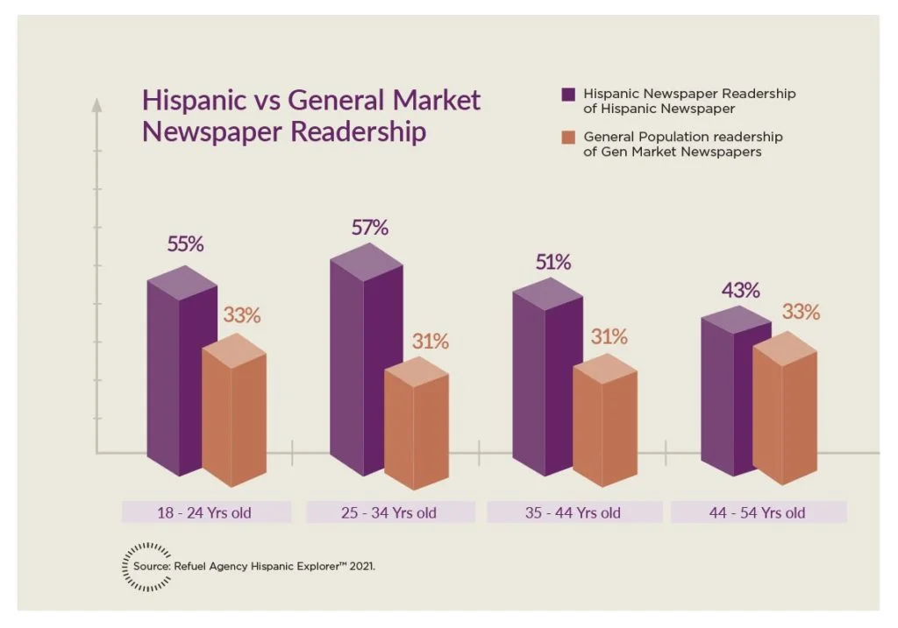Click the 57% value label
pyautogui.click(x=370, y=228)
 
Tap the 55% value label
pyautogui.click(x=185, y=244)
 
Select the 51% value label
pyautogui.click(x=552, y=262)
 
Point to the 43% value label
pyautogui.click(x=741, y=291)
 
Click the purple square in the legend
pyautogui.click(x=568, y=94)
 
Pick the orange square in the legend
pyautogui.click(x=568, y=137)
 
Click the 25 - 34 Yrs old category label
pyautogui.click(x=390, y=512)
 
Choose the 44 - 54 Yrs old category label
pyautogui.click(x=758, y=512)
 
